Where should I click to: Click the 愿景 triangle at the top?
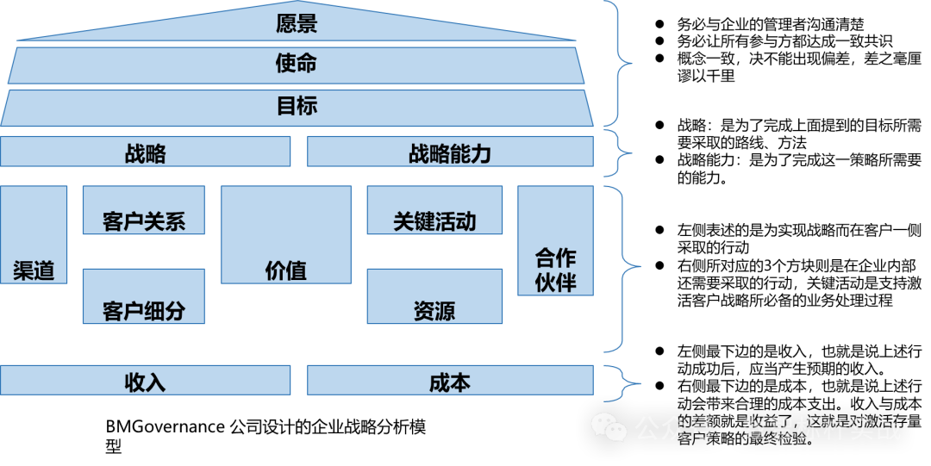click(x=297, y=25)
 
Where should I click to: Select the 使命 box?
click(x=297, y=65)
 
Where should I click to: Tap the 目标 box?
click(x=297, y=107)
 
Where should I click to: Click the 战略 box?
click(x=145, y=152)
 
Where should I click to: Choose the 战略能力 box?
click(x=450, y=152)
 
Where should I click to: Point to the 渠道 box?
click(x=34, y=234)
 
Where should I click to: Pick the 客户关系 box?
click(x=144, y=210)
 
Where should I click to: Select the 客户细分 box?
click(x=144, y=296)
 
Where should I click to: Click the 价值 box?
click(x=286, y=234)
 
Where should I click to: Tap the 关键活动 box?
click(x=434, y=210)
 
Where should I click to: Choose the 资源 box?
click(x=434, y=296)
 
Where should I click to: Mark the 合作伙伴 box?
click(x=555, y=241)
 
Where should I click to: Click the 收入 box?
click(x=145, y=380)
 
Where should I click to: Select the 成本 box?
click(x=450, y=380)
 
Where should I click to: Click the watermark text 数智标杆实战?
click(x=822, y=428)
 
